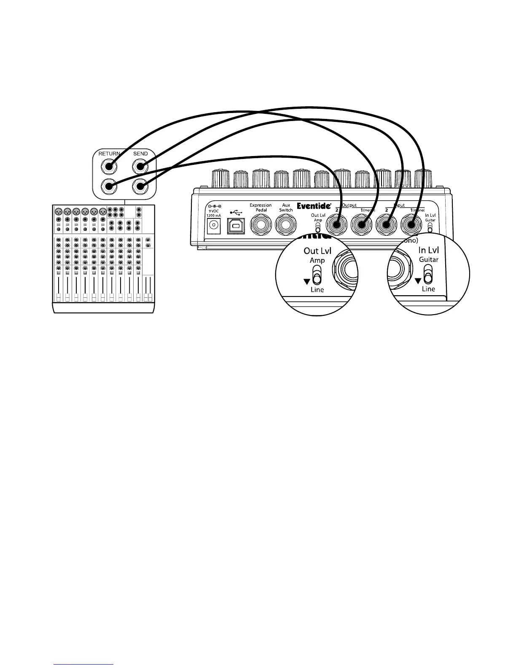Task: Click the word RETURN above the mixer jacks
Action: (109, 154)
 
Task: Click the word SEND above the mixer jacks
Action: (140, 154)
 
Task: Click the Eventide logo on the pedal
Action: (313, 206)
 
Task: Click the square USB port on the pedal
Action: (236, 226)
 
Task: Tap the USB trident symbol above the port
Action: (236, 213)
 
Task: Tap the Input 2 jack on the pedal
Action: (386, 225)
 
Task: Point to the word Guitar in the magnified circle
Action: (428, 260)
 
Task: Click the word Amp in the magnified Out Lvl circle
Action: (317, 261)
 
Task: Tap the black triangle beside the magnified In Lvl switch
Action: (418, 280)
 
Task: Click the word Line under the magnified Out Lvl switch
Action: (317, 290)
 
